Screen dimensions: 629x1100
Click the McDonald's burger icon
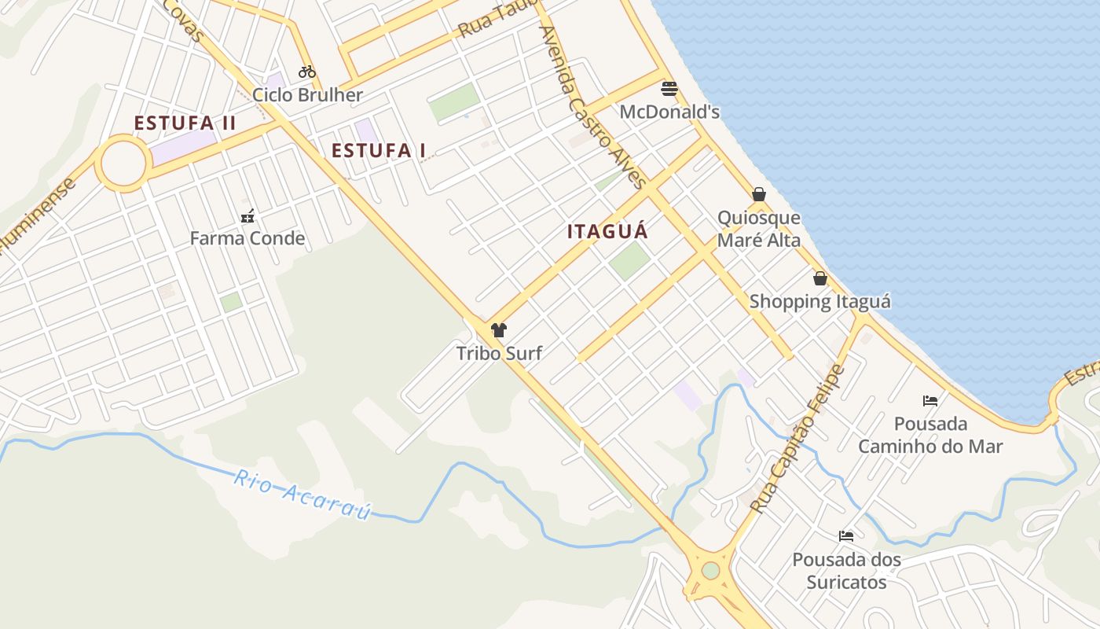point(669,88)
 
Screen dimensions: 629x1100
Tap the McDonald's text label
point(669,112)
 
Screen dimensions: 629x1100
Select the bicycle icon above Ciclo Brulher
point(306,72)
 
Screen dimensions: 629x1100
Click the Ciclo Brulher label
point(307,95)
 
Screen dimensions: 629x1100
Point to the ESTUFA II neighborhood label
point(185,123)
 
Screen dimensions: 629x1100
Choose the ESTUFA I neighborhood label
point(379,151)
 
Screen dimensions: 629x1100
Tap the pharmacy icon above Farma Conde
point(247,216)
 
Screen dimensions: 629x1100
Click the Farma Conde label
point(247,238)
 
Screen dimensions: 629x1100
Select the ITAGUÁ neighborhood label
point(607,232)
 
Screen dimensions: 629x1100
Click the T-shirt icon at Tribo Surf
point(499,330)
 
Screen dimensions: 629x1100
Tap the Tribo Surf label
point(499,353)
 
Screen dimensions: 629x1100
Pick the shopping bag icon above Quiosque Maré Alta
point(758,194)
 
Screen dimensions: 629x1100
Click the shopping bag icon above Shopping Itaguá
point(820,278)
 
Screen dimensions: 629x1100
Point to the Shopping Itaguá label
point(820,301)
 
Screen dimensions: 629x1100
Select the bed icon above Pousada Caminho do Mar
point(930,401)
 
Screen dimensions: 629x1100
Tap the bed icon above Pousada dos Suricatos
point(846,536)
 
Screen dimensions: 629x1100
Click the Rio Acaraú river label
point(302,495)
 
